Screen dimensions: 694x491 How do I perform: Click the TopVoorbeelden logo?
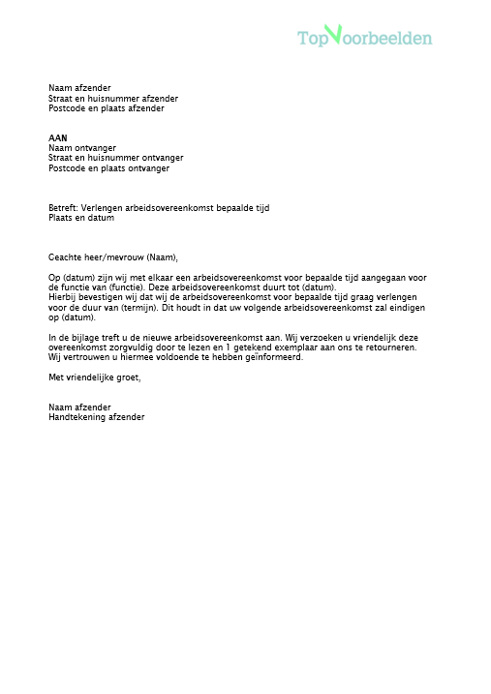coord(364,38)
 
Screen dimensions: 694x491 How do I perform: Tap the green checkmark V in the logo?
coord(334,35)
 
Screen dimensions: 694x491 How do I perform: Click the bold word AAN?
coord(58,138)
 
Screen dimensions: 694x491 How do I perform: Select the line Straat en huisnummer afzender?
coord(112,99)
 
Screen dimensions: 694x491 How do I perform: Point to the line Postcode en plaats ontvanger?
coord(108,168)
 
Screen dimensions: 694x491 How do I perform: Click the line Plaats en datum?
coord(81,218)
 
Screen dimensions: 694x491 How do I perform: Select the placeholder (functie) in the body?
coord(126,287)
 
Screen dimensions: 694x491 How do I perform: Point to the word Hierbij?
coord(64,298)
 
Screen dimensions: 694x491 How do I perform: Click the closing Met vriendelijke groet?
coord(94,377)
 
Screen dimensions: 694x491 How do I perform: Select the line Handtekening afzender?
coord(96,417)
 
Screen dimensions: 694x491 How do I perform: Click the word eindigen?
coord(404,308)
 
